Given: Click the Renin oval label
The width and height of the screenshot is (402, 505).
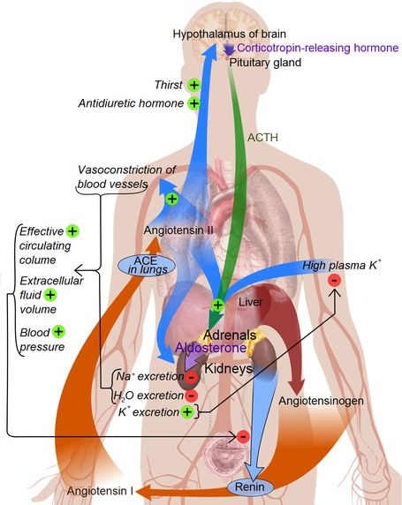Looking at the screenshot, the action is (x=250, y=486).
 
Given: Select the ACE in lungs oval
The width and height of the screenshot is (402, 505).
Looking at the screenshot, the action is (x=147, y=266).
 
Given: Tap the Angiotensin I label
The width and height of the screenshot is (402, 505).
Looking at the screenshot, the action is (x=100, y=491).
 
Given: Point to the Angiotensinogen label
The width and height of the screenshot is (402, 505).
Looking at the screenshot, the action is (x=321, y=401).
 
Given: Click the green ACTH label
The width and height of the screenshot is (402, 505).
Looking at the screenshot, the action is (x=262, y=138).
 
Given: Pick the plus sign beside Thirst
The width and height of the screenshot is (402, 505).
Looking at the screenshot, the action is (x=194, y=85).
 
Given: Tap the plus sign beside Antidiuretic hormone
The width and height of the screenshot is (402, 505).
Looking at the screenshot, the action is (x=194, y=103).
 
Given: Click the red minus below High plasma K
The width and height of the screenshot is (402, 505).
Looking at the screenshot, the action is (x=334, y=280).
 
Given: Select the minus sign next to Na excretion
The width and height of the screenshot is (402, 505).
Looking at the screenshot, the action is (x=192, y=377).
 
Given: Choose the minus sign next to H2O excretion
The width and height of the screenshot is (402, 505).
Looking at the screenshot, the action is (x=191, y=395).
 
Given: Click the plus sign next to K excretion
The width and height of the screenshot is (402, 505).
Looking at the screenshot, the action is (x=187, y=411).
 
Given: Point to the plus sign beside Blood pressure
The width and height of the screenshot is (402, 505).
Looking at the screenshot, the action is (x=58, y=332).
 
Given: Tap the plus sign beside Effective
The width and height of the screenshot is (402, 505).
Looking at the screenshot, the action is (x=72, y=231).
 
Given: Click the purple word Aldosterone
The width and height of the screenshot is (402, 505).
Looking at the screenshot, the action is (x=211, y=348).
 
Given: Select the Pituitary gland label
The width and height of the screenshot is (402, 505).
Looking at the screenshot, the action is (x=265, y=63).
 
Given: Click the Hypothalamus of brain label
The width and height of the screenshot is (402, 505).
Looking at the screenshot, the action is (x=230, y=34).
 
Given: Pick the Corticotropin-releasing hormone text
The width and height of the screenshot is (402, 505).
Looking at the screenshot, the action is (x=318, y=48).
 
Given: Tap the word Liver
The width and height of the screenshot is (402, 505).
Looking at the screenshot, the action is (x=251, y=302).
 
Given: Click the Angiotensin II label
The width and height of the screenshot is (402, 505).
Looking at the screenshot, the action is (x=178, y=230).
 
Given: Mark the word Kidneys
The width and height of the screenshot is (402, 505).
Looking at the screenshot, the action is (x=229, y=368).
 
